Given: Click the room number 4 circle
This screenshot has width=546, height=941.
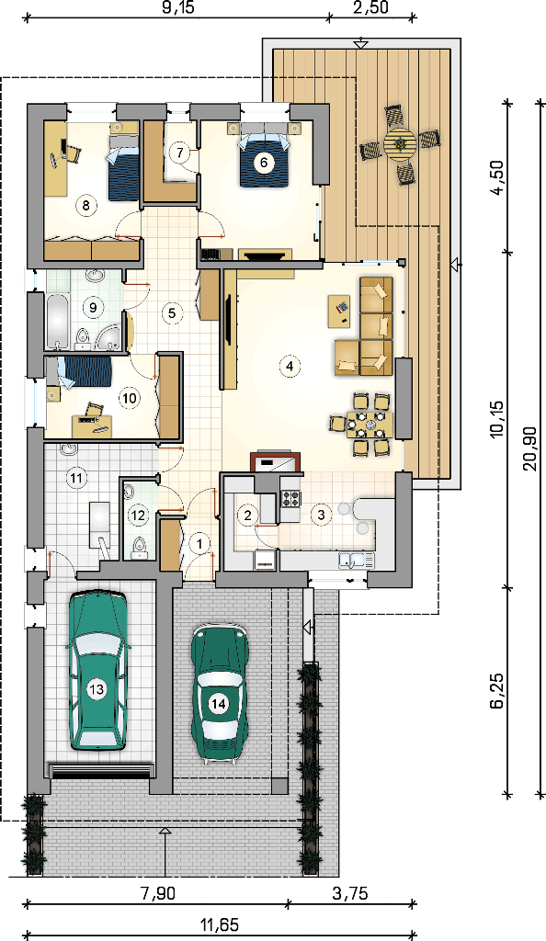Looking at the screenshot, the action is [290, 366].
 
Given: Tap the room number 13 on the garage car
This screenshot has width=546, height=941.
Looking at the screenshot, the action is [97, 689].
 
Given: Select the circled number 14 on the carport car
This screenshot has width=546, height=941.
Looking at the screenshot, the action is [219, 703].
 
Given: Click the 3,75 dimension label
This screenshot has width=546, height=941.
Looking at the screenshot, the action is [350, 893].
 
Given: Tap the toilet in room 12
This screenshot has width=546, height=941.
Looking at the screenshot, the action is [139, 548].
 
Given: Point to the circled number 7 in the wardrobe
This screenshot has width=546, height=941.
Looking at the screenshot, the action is [180, 153].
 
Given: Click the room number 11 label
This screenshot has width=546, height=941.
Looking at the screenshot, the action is [77, 478].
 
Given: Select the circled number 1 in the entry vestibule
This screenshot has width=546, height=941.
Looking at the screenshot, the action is [199, 542].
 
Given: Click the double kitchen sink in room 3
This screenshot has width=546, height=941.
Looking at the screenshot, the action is [355, 560].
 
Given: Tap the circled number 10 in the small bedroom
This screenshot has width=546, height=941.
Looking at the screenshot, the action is [129, 397].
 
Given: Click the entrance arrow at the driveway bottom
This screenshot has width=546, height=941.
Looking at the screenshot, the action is [165, 852].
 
